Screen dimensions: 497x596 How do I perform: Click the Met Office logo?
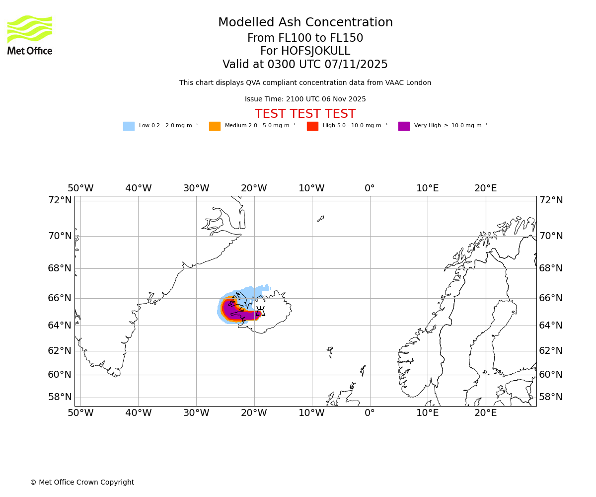30,35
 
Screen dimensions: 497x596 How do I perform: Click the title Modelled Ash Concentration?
305,23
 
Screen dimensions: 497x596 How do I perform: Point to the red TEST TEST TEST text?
305,114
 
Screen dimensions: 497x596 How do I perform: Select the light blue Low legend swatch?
129,126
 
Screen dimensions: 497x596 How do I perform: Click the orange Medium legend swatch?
215,126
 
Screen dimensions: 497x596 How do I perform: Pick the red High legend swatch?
312,126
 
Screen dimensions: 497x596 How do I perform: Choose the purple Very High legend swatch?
404,126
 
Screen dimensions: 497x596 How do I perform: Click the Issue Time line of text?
305,99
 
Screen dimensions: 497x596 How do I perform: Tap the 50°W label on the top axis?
80,188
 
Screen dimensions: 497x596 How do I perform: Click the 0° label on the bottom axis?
370,413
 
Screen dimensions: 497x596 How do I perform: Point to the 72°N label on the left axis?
60,200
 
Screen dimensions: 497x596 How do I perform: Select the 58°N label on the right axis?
551,397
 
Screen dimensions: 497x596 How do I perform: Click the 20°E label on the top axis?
485,188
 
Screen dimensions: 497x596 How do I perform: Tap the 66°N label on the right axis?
551,298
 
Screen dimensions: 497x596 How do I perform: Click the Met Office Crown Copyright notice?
82,483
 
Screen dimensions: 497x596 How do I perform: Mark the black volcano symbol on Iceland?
260,312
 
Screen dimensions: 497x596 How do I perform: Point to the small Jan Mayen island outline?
320,219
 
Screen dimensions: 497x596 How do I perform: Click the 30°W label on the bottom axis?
196,413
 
